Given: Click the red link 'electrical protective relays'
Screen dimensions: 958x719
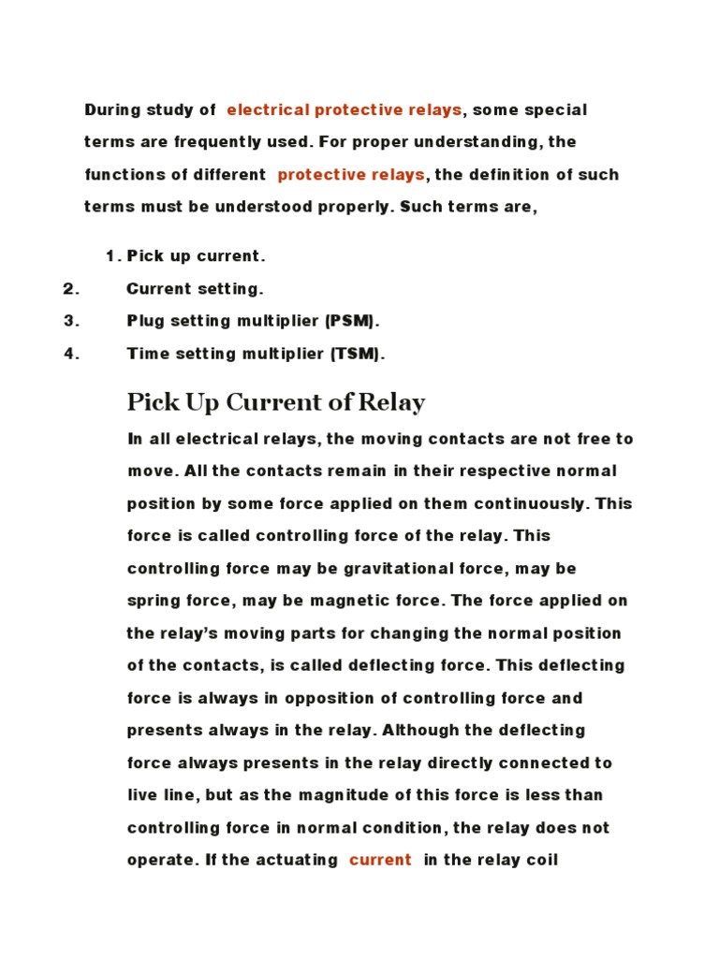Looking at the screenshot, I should click(x=344, y=110).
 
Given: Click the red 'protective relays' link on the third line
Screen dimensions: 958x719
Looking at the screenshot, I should click(x=351, y=175).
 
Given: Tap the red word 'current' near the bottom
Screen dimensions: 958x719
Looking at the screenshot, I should click(x=380, y=860).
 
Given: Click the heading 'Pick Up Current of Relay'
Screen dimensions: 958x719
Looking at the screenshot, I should click(x=276, y=403).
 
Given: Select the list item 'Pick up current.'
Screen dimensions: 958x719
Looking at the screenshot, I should click(x=197, y=255).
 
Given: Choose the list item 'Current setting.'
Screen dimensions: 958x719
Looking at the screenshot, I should click(x=195, y=289).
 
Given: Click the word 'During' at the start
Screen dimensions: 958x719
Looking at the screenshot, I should click(x=111, y=110).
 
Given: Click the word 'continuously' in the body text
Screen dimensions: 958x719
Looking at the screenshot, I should click(x=529, y=504).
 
